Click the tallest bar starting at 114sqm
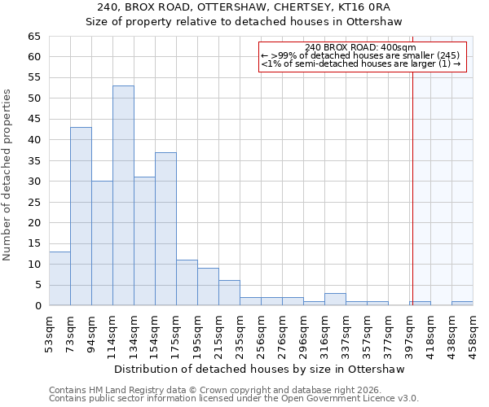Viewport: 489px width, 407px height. (x=123, y=195)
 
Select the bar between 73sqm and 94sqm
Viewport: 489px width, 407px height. (x=81, y=217)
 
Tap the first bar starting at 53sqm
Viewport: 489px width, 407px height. (x=59, y=278)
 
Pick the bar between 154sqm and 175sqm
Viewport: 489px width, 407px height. (x=165, y=229)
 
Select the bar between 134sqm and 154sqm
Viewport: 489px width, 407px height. (x=144, y=241)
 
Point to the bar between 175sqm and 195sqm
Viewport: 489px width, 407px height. (x=187, y=282)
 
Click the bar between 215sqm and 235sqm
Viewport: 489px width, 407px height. (x=229, y=293)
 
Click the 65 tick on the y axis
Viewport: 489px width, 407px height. (x=33, y=37)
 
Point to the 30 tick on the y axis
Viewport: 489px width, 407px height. (x=33, y=182)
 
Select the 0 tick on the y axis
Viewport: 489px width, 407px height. (x=37, y=306)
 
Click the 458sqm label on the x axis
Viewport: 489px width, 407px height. (x=473, y=333)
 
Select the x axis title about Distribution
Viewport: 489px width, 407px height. (x=261, y=369)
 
